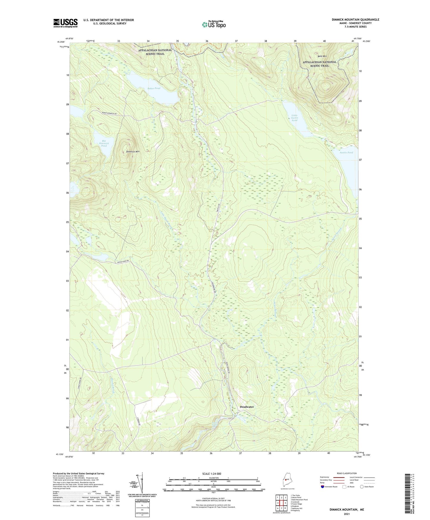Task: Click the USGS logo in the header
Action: (65, 23)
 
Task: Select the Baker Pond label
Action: (154, 88)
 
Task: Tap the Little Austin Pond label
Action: (294, 118)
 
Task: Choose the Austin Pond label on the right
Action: (346, 152)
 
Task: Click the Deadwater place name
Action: (247, 407)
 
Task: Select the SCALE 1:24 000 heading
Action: (212, 474)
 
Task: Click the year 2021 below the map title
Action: (346, 514)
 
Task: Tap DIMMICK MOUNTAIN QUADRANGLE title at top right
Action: (355, 20)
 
